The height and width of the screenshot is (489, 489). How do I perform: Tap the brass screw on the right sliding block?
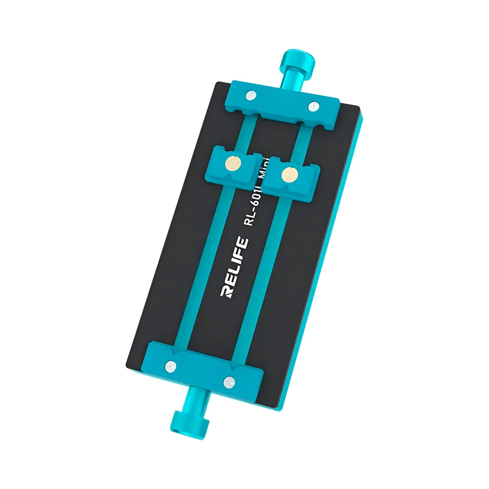tap(290, 174)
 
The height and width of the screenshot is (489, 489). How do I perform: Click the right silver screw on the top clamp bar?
tap(313, 106)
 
